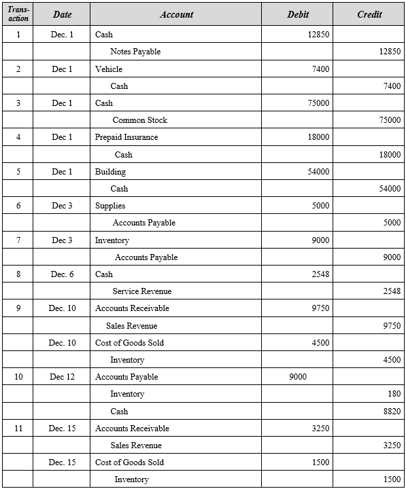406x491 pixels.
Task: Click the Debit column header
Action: [298, 14]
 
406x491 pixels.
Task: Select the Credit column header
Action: [369, 14]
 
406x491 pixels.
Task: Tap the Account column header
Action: [177, 14]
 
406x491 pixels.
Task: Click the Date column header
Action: [62, 14]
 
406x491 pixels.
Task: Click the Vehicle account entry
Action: [109, 69]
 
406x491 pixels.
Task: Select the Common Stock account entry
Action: [139, 120]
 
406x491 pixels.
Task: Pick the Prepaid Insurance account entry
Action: [126, 137]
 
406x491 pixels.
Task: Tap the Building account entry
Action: [110, 171]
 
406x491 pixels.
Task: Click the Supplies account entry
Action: [110, 206]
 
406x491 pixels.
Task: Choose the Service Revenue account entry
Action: [141, 291]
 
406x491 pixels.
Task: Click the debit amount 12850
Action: [318, 35]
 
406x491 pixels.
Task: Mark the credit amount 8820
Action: [390, 411]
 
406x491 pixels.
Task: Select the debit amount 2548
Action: [320, 274]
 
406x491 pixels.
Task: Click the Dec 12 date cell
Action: [62, 377]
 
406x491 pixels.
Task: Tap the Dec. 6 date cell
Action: [62, 274]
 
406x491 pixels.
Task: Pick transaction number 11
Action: [18, 429]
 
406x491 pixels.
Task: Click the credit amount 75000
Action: [390, 120]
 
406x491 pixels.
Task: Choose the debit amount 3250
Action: [320, 429]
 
